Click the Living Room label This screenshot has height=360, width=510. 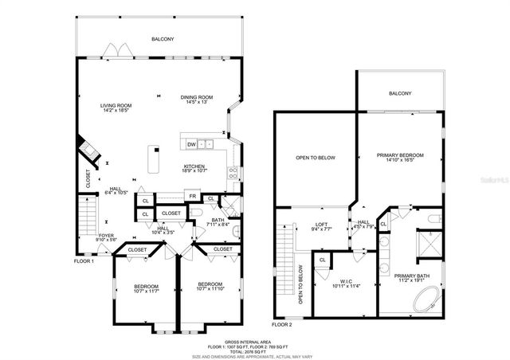116,105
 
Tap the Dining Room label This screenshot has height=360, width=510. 196,97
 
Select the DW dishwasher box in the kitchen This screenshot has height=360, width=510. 191,144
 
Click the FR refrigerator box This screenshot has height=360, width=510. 191,196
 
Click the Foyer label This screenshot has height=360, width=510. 106,235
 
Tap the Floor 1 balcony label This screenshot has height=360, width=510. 163,39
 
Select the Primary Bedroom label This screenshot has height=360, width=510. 399,155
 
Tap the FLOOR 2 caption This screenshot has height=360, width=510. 282,325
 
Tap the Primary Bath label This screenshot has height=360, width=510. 413,276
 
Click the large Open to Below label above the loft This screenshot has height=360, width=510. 316,158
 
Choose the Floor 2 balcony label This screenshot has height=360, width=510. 400,93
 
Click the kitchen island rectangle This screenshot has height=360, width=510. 154,158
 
